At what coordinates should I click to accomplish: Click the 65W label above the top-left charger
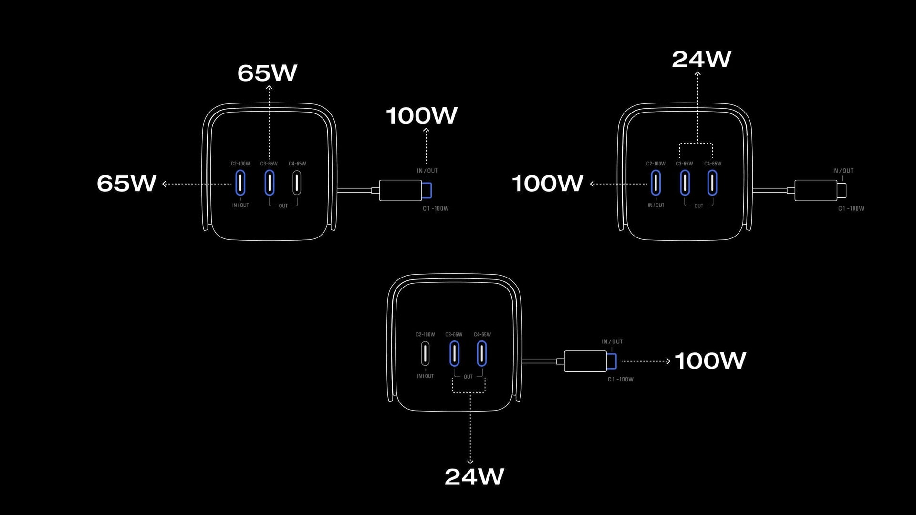[267, 73]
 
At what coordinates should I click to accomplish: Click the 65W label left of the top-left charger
[126, 183]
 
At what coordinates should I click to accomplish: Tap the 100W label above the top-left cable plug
[421, 115]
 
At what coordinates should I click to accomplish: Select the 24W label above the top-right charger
[701, 59]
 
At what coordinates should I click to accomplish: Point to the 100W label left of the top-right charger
[547, 183]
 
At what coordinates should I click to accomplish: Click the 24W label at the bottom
[474, 476]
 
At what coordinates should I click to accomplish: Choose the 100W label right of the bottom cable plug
[710, 360]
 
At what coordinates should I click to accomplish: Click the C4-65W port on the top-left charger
[297, 183]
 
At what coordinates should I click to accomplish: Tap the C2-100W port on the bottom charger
[425, 354]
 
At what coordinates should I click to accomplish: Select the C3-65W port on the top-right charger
[685, 183]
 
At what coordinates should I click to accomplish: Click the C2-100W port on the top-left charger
[240, 183]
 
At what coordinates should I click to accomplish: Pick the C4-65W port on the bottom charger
[482, 354]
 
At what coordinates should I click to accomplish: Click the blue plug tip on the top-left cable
[427, 190]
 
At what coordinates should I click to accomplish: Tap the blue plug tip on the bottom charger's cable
[612, 361]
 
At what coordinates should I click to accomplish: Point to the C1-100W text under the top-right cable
[851, 208]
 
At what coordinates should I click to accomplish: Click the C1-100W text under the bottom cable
[620, 380]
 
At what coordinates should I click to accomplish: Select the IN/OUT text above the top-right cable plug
[843, 171]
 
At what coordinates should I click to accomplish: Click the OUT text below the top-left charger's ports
[283, 206]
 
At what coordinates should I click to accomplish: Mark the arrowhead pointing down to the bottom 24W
[470, 461]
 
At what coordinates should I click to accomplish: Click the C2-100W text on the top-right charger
[656, 164]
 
